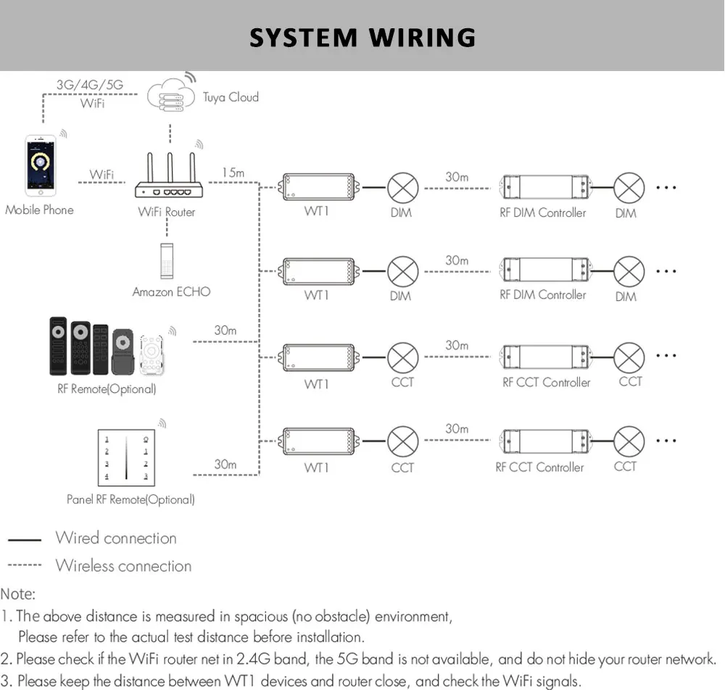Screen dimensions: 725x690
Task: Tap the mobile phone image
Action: click(x=40, y=165)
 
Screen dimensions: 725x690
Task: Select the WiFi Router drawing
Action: click(x=169, y=175)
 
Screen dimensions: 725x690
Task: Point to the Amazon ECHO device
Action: click(x=167, y=261)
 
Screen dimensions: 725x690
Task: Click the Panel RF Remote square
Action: click(x=126, y=457)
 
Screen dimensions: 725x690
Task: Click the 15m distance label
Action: click(x=233, y=172)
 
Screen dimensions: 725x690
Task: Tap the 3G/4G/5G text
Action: click(x=90, y=85)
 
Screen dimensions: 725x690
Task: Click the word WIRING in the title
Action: click(x=422, y=38)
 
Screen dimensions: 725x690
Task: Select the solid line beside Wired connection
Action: click(x=25, y=539)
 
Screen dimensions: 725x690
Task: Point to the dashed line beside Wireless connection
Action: click(x=25, y=565)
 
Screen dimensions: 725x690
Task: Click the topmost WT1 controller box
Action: click(x=318, y=187)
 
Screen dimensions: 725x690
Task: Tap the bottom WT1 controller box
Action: click(x=318, y=441)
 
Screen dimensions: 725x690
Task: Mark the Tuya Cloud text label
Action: click(x=231, y=98)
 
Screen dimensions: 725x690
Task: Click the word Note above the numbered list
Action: click(x=17, y=594)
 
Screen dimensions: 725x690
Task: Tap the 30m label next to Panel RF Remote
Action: click(x=225, y=464)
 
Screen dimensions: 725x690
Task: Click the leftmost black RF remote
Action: click(x=58, y=346)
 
